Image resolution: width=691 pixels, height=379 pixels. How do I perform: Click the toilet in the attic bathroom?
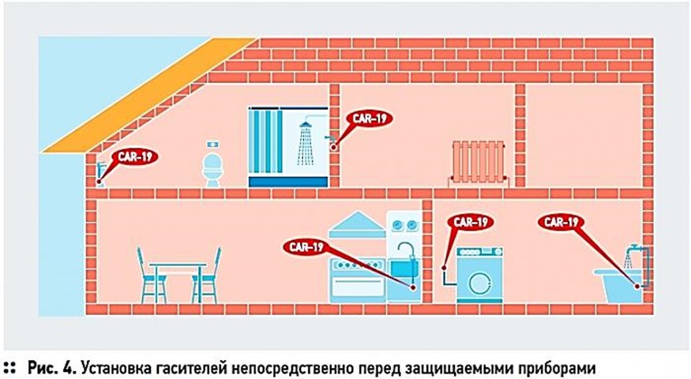(212, 170)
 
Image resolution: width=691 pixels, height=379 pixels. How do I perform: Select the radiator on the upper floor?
(476, 162)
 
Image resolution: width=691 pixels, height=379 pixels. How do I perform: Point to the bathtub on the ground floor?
(619, 285)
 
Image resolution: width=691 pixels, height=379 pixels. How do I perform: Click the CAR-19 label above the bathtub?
(562, 223)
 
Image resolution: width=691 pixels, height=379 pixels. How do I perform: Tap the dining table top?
(178, 265)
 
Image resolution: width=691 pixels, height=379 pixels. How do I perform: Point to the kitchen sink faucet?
(404, 254)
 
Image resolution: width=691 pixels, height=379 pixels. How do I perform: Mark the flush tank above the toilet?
(212, 145)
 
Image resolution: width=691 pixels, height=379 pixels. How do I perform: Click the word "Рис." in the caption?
(43, 367)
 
